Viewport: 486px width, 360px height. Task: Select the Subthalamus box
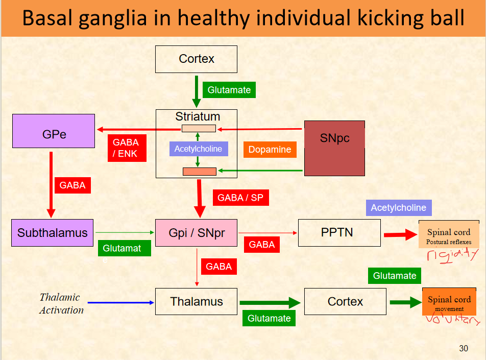(x=53, y=233)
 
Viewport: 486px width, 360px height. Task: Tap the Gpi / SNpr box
(x=197, y=233)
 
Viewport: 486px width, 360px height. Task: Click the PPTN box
(x=339, y=233)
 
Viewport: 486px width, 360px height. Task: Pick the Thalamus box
(x=197, y=301)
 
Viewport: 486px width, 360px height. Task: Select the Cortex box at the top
(x=197, y=59)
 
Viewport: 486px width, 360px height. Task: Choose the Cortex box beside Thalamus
(x=345, y=301)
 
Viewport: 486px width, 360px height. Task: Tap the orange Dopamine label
(x=270, y=150)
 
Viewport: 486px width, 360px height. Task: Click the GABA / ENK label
(x=125, y=148)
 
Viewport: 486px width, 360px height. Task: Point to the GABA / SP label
(x=240, y=198)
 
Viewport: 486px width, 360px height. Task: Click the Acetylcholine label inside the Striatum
(x=199, y=149)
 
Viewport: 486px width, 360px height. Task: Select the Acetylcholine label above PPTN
(x=398, y=207)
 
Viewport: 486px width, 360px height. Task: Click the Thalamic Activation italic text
(x=61, y=303)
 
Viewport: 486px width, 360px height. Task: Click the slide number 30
(x=463, y=348)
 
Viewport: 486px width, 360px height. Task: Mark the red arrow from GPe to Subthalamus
(x=51, y=184)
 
